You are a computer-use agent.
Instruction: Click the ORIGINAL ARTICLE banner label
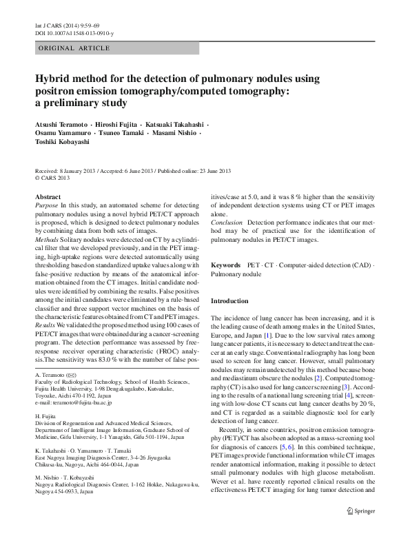coord(74,48)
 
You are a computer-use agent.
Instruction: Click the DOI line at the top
coord(74,33)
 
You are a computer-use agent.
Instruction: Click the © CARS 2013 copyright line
coord(53,177)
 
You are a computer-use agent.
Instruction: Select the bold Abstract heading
coord(48,196)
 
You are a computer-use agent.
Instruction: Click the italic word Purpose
coord(47,205)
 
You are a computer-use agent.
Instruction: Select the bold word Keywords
coord(225,265)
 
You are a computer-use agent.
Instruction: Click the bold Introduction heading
coord(229,301)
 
